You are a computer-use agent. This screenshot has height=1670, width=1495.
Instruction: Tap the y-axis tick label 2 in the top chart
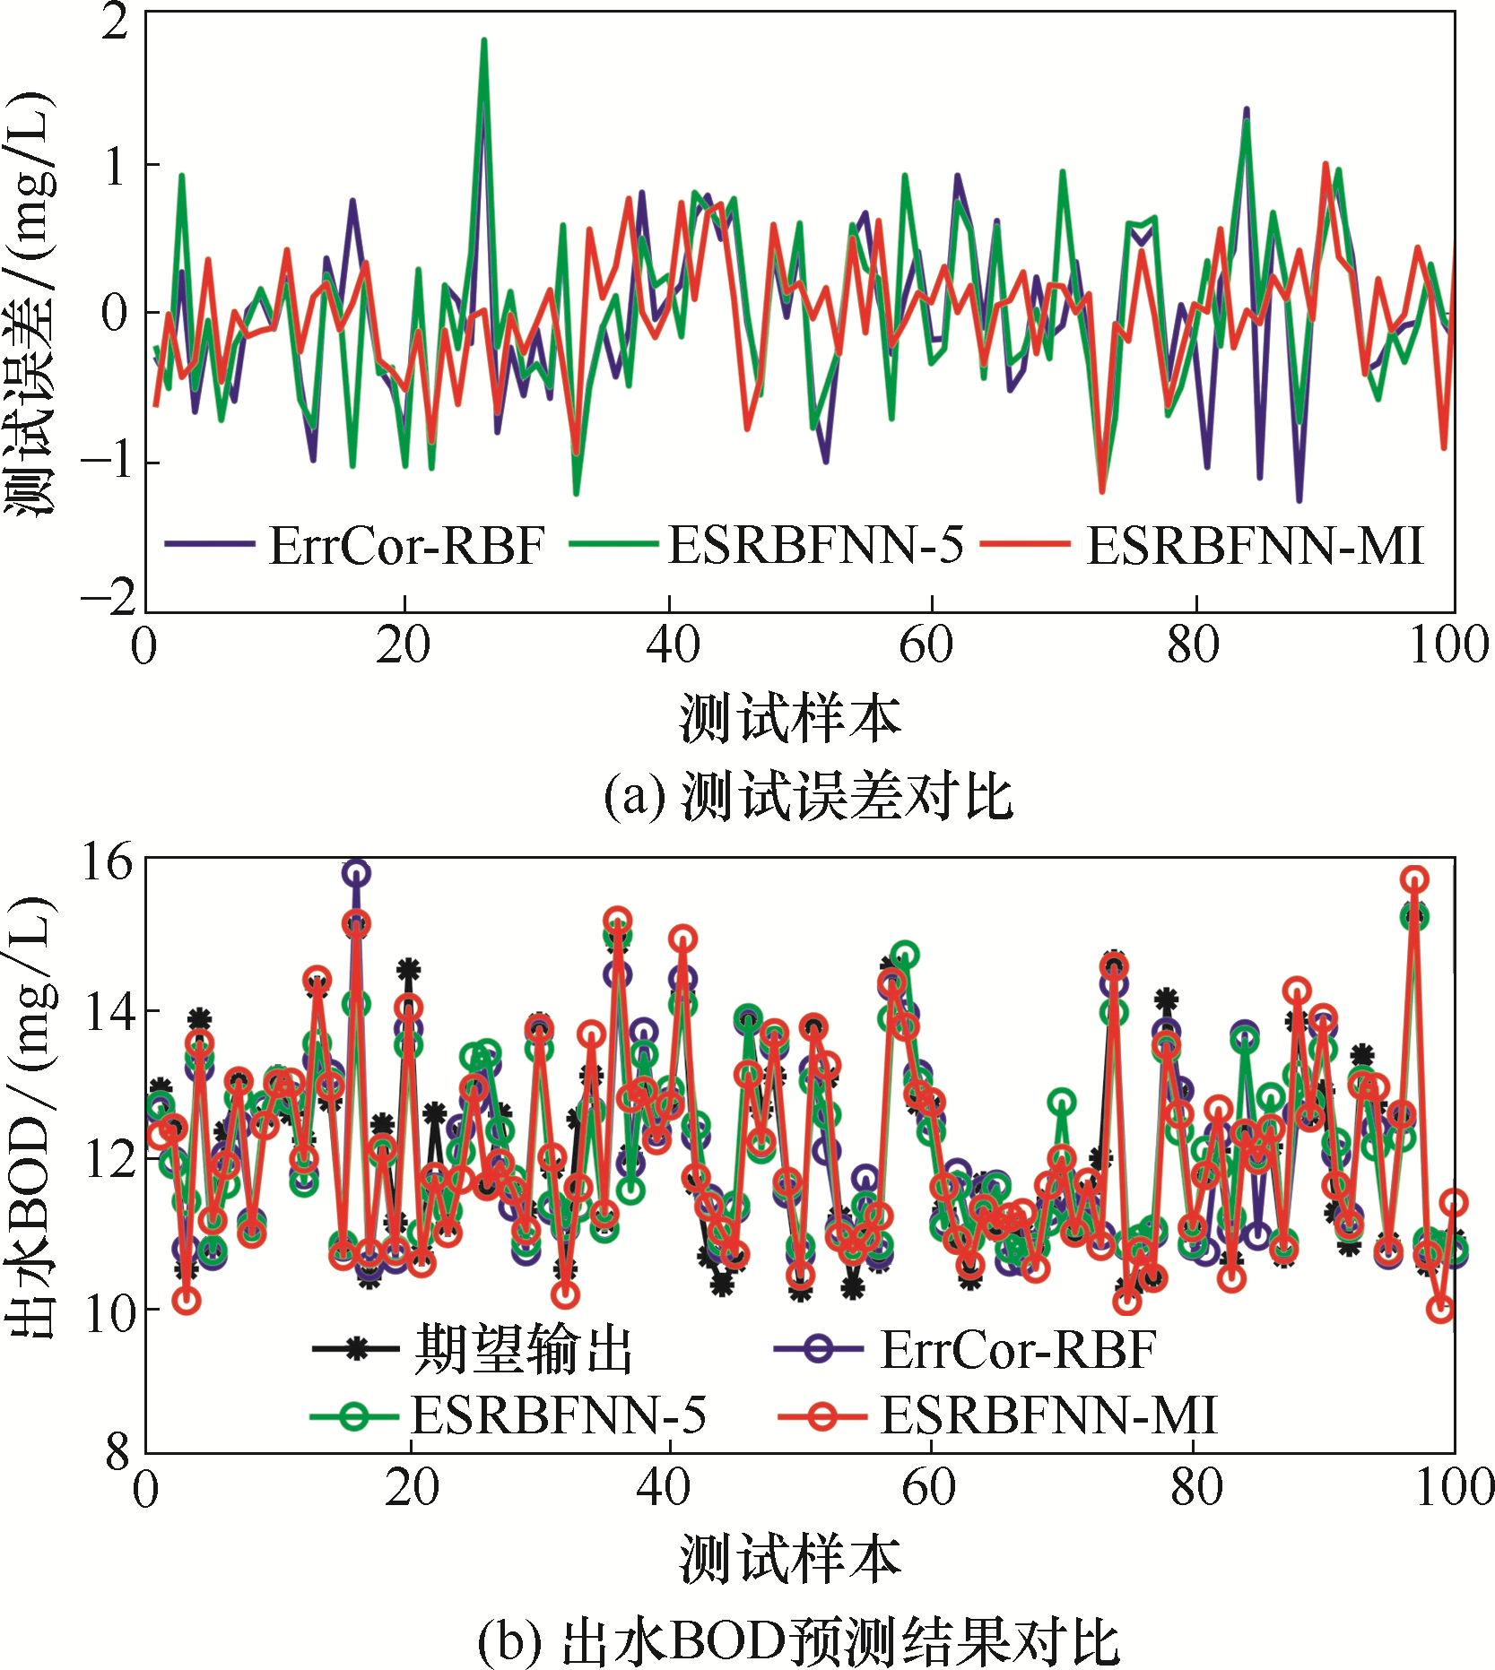[x=115, y=22]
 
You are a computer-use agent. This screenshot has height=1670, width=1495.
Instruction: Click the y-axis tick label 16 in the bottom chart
[x=106, y=862]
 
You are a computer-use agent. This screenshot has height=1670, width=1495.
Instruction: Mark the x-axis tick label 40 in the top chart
[x=672, y=645]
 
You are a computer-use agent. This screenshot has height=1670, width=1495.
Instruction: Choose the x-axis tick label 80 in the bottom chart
[x=1195, y=1487]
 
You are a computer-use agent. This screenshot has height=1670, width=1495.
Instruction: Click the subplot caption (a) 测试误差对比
[x=808, y=796]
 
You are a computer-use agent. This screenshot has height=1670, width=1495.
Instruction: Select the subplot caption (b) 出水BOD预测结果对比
[x=797, y=1640]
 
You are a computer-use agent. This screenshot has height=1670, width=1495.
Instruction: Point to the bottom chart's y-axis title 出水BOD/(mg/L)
[x=30, y=1116]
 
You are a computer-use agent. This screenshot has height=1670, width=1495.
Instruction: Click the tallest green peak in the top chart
[x=484, y=41]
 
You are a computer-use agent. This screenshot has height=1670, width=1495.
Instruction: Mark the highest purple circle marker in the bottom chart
[x=357, y=873]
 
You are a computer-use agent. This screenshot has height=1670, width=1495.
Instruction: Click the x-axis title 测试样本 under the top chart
[x=790, y=719]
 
